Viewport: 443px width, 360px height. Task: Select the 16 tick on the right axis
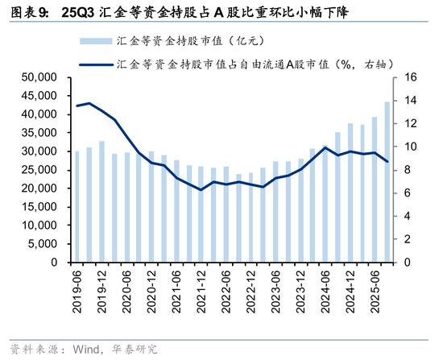click(x=408, y=77)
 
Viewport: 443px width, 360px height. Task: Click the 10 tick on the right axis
click(x=408, y=147)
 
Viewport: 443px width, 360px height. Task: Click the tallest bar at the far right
click(x=387, y=182)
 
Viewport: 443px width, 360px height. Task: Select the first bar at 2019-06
click(x=77, y=207)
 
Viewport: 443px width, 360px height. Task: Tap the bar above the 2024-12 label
click(x=350, y=193)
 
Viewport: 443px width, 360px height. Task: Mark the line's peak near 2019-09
click(x=89, y=103)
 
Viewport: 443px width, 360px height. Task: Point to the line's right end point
click(x=387, y=162)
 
